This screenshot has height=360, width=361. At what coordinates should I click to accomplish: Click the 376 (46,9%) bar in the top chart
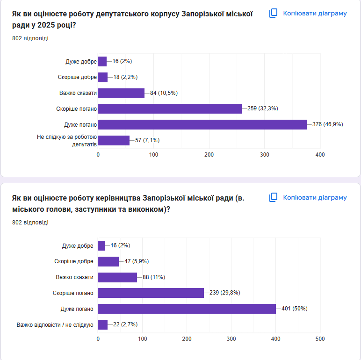tap(202, 124)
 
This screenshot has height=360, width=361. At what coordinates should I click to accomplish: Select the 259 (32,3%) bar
tap(170, 108)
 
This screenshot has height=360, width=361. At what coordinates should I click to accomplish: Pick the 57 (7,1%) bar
tap(114, 140)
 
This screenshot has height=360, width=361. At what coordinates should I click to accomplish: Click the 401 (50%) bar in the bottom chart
tap(187, 309)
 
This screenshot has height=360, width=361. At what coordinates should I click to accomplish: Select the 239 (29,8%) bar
tap(151, 293)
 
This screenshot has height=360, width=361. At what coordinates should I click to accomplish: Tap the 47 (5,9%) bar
tap(108, 261)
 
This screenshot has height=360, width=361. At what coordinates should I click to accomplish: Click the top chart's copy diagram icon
tap(274, 13)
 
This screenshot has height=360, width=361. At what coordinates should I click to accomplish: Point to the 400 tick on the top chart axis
tap(320, 155)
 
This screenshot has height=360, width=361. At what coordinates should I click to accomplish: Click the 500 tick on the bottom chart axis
tap(320, 339)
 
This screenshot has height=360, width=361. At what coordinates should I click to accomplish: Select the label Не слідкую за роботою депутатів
tap(67, 140)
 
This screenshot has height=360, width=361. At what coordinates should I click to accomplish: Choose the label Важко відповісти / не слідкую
tap(55, 324)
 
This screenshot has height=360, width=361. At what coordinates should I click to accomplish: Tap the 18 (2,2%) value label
tap(125, 77)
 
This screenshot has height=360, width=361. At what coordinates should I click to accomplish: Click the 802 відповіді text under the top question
tap(30, 38)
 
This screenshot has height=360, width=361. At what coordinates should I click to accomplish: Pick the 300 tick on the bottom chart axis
tap(231, 339)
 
